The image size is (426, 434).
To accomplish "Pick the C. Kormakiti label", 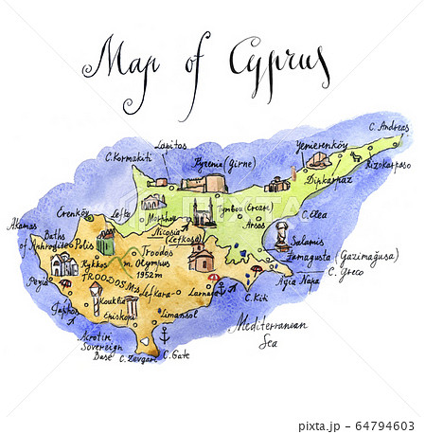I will (128, 157).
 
